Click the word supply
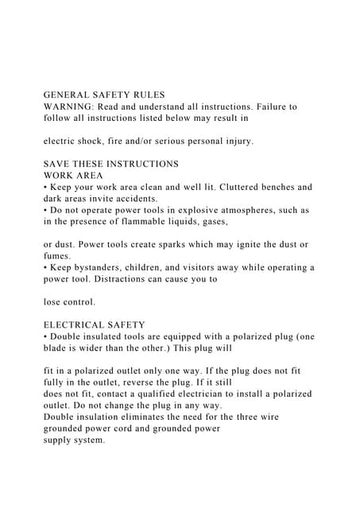tap(60, 440)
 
